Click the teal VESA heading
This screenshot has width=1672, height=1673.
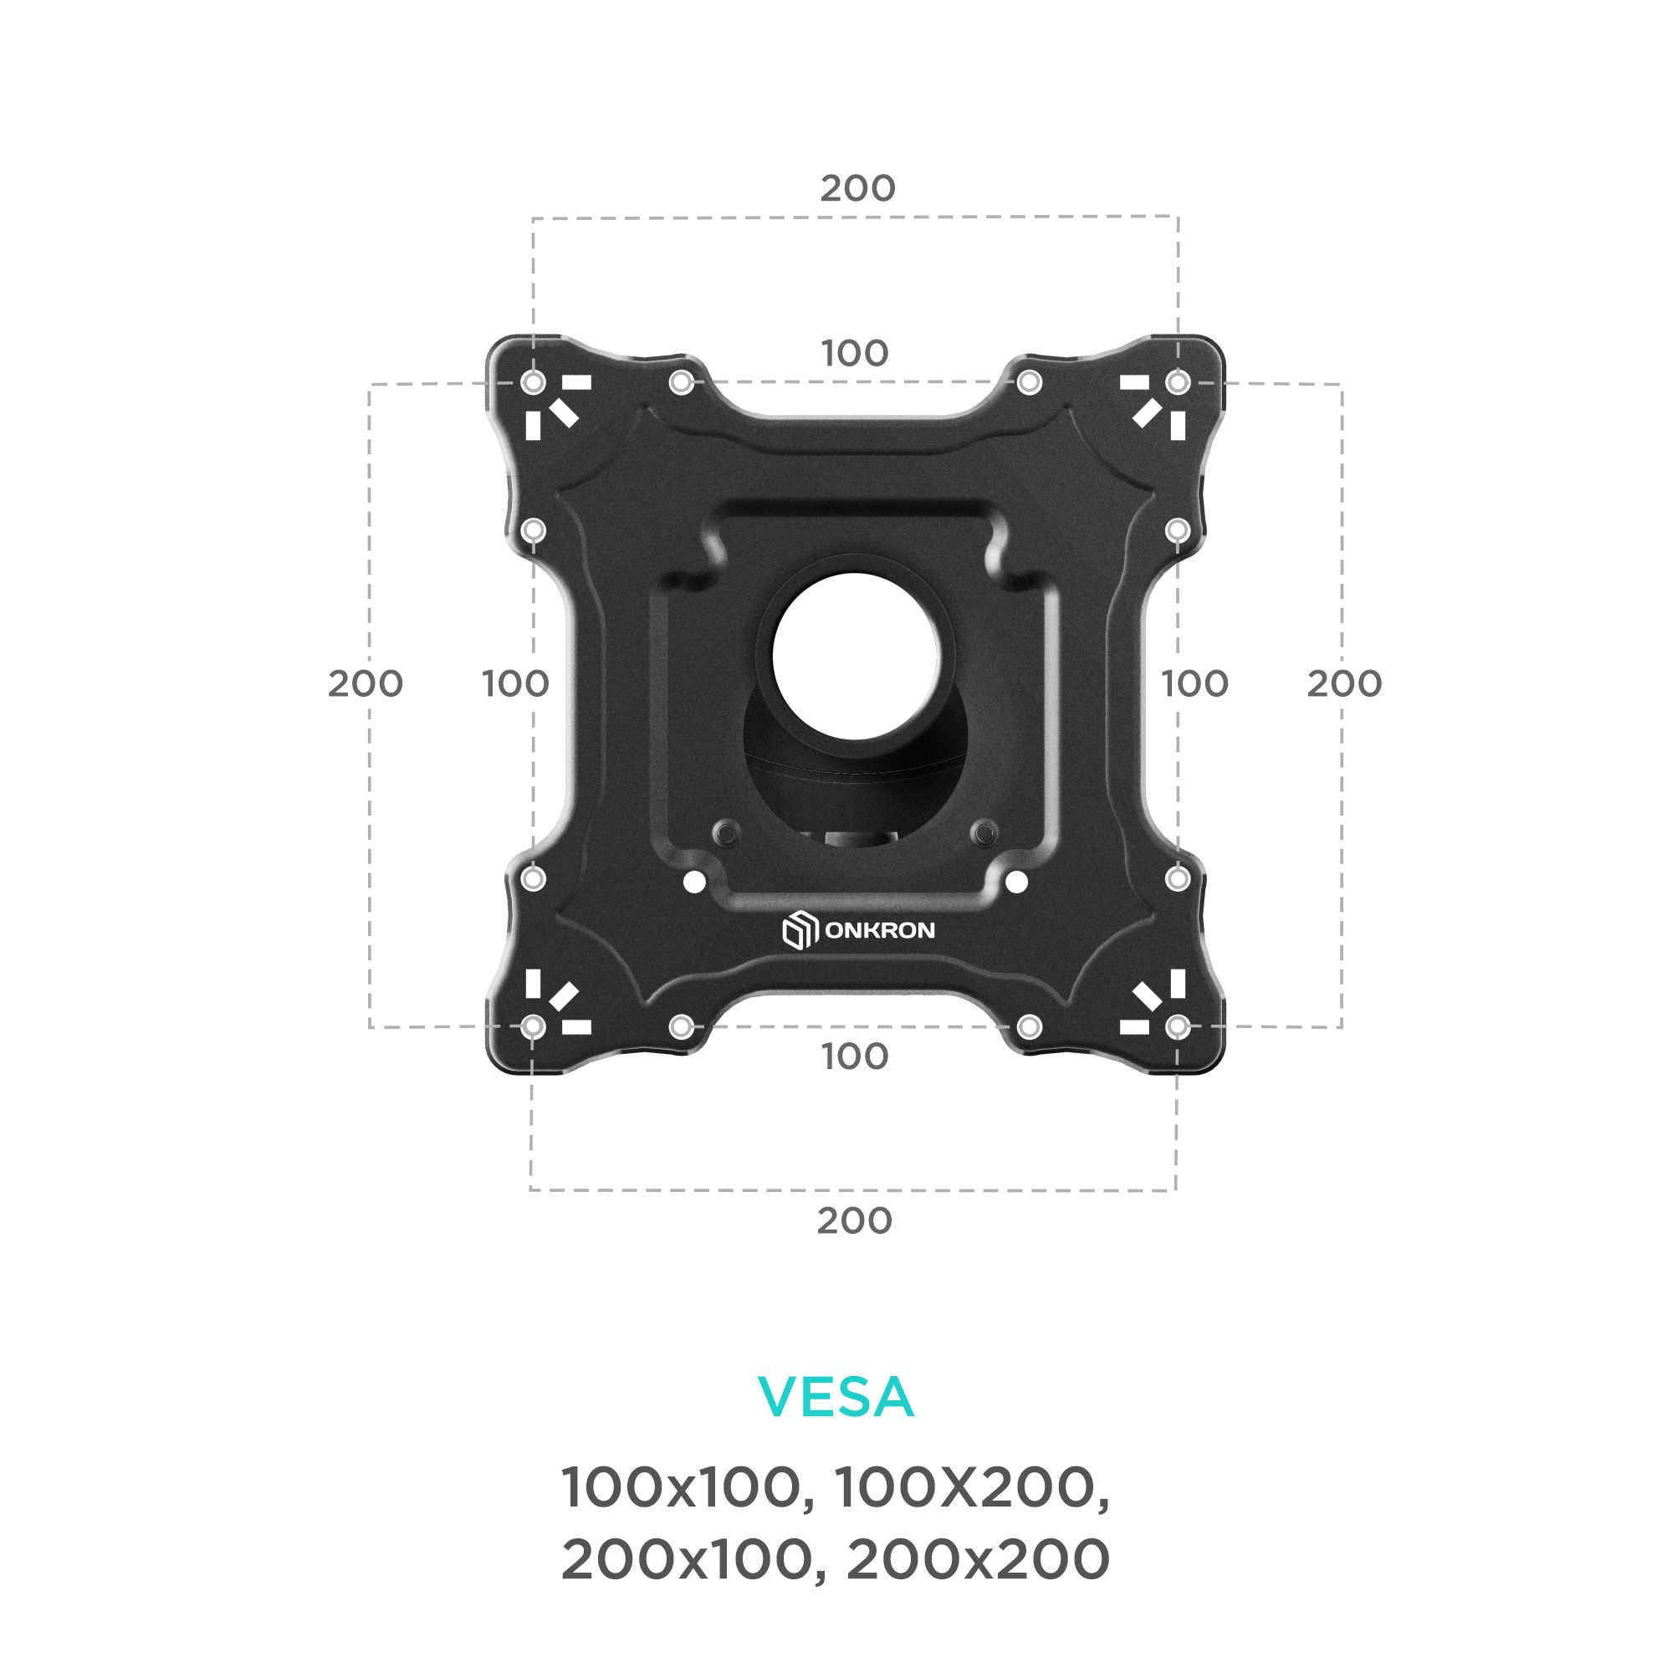point(836,1396)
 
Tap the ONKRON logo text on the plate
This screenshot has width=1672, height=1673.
point(880,931)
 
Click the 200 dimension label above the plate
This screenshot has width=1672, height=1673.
point(857,188)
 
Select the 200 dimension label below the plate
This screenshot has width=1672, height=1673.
point(854,1221)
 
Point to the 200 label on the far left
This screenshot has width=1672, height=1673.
point(365,684)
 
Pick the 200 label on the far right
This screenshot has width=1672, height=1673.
point(1344,684)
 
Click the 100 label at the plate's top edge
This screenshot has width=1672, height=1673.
point(855,353)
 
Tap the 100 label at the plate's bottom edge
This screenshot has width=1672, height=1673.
point(855,1056)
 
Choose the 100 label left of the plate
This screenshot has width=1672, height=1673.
point(515,684)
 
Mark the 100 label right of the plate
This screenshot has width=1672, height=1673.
point(1194,684)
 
